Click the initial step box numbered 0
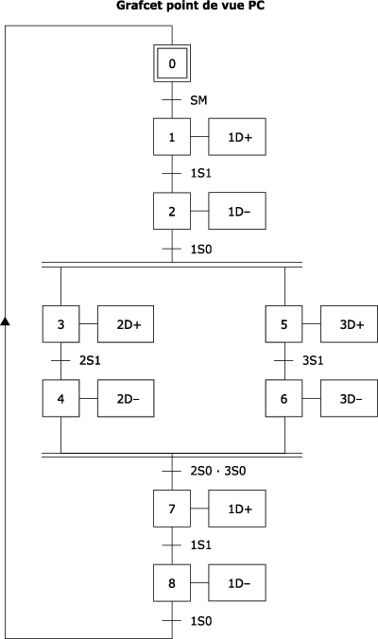[x=172, y=63]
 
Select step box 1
[x=172, y=137]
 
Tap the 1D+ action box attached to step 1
[x=237, y=137]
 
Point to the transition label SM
[x=198, y=100]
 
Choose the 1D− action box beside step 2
[x=237, y=211]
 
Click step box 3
[x=60, y=324]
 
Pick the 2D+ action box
[x=126, y=324]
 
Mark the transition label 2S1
[x=90, y=361]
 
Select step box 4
[x=60, y=398]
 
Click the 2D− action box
[x=126, y=398]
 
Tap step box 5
[x=283, y=324]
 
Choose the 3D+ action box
[x=349, y=324]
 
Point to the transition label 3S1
[x=313, y=361]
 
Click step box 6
[x=283, y=398]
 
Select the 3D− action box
[x=349, y=398]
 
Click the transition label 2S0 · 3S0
[x=218, y=471]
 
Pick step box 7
[x=172, y=509]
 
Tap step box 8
[x=172, y=583]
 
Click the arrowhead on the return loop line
[x=5, y=321]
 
